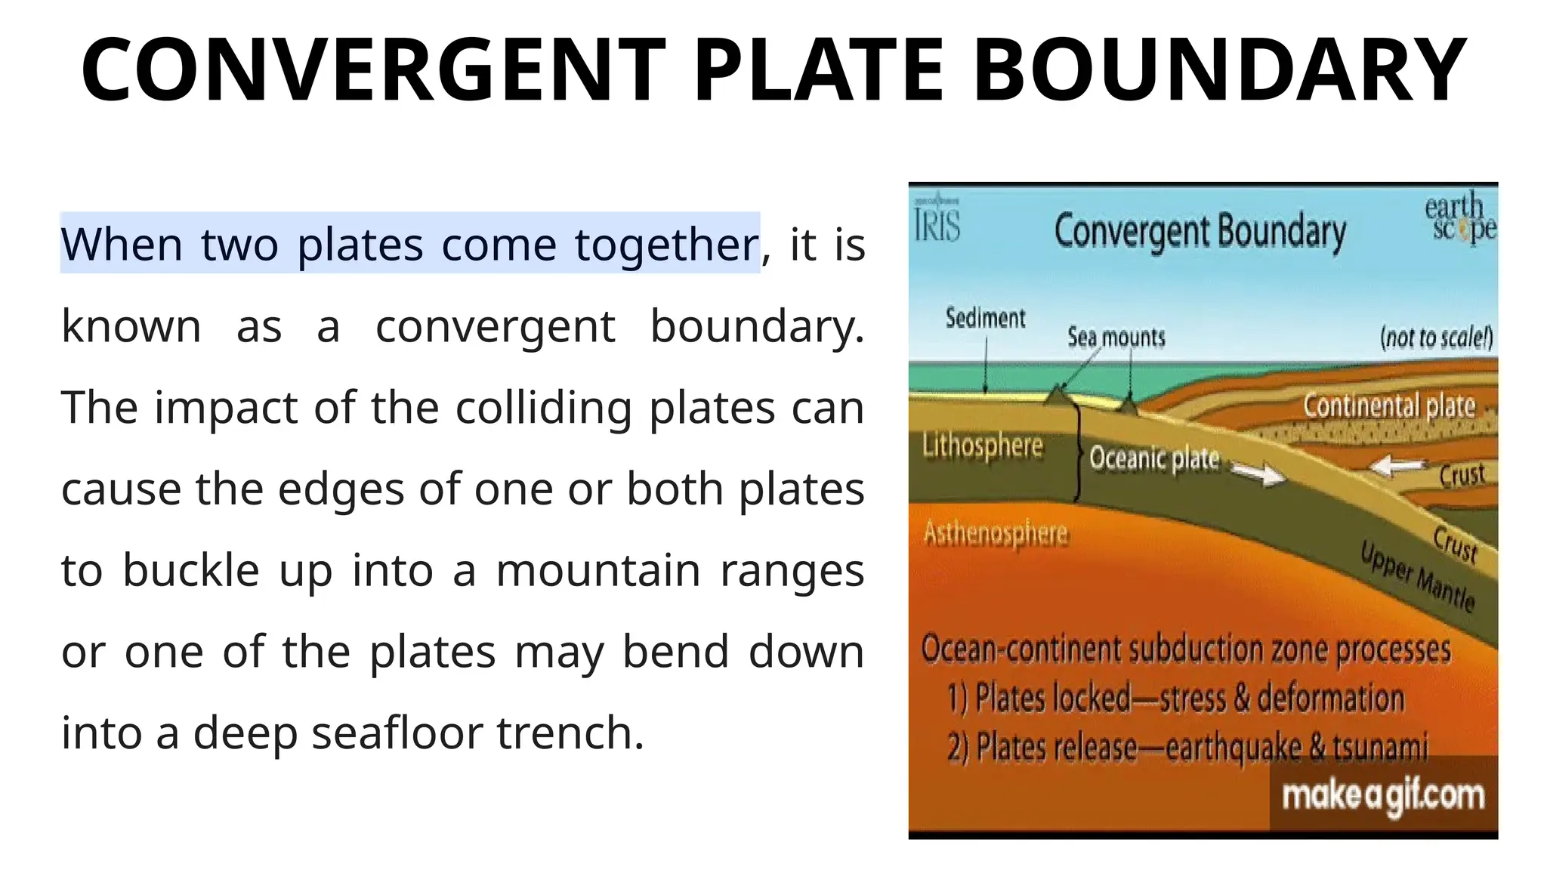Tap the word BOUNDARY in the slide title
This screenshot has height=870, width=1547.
click(x=1219, y=69)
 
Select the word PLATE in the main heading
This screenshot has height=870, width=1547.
click(x=819, y=69)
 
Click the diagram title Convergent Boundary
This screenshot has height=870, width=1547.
click(x=1200, y=231)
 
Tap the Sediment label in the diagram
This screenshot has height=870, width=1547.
click(x=985, y=319)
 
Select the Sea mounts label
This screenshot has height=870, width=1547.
click(x=1116, y=337)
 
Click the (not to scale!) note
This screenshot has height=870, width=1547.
click(x=1436, y=337)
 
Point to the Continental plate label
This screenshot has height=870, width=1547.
click(x=1388, y=406)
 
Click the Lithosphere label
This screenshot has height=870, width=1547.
click(x=982, y=446)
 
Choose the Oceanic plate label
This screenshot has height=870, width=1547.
click(x=1154, y=458)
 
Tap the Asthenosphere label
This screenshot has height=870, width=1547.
click(x=996, y=534)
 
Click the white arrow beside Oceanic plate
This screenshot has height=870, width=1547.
click(x=1259, y=474)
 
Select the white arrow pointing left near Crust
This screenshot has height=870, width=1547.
click(x=1398, y=465)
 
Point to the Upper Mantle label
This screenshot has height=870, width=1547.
click(x=1417, y=577)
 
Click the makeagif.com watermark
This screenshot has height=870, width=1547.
click(x=1383, y=796)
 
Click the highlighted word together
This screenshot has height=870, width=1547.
click(x=666, y=245)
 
